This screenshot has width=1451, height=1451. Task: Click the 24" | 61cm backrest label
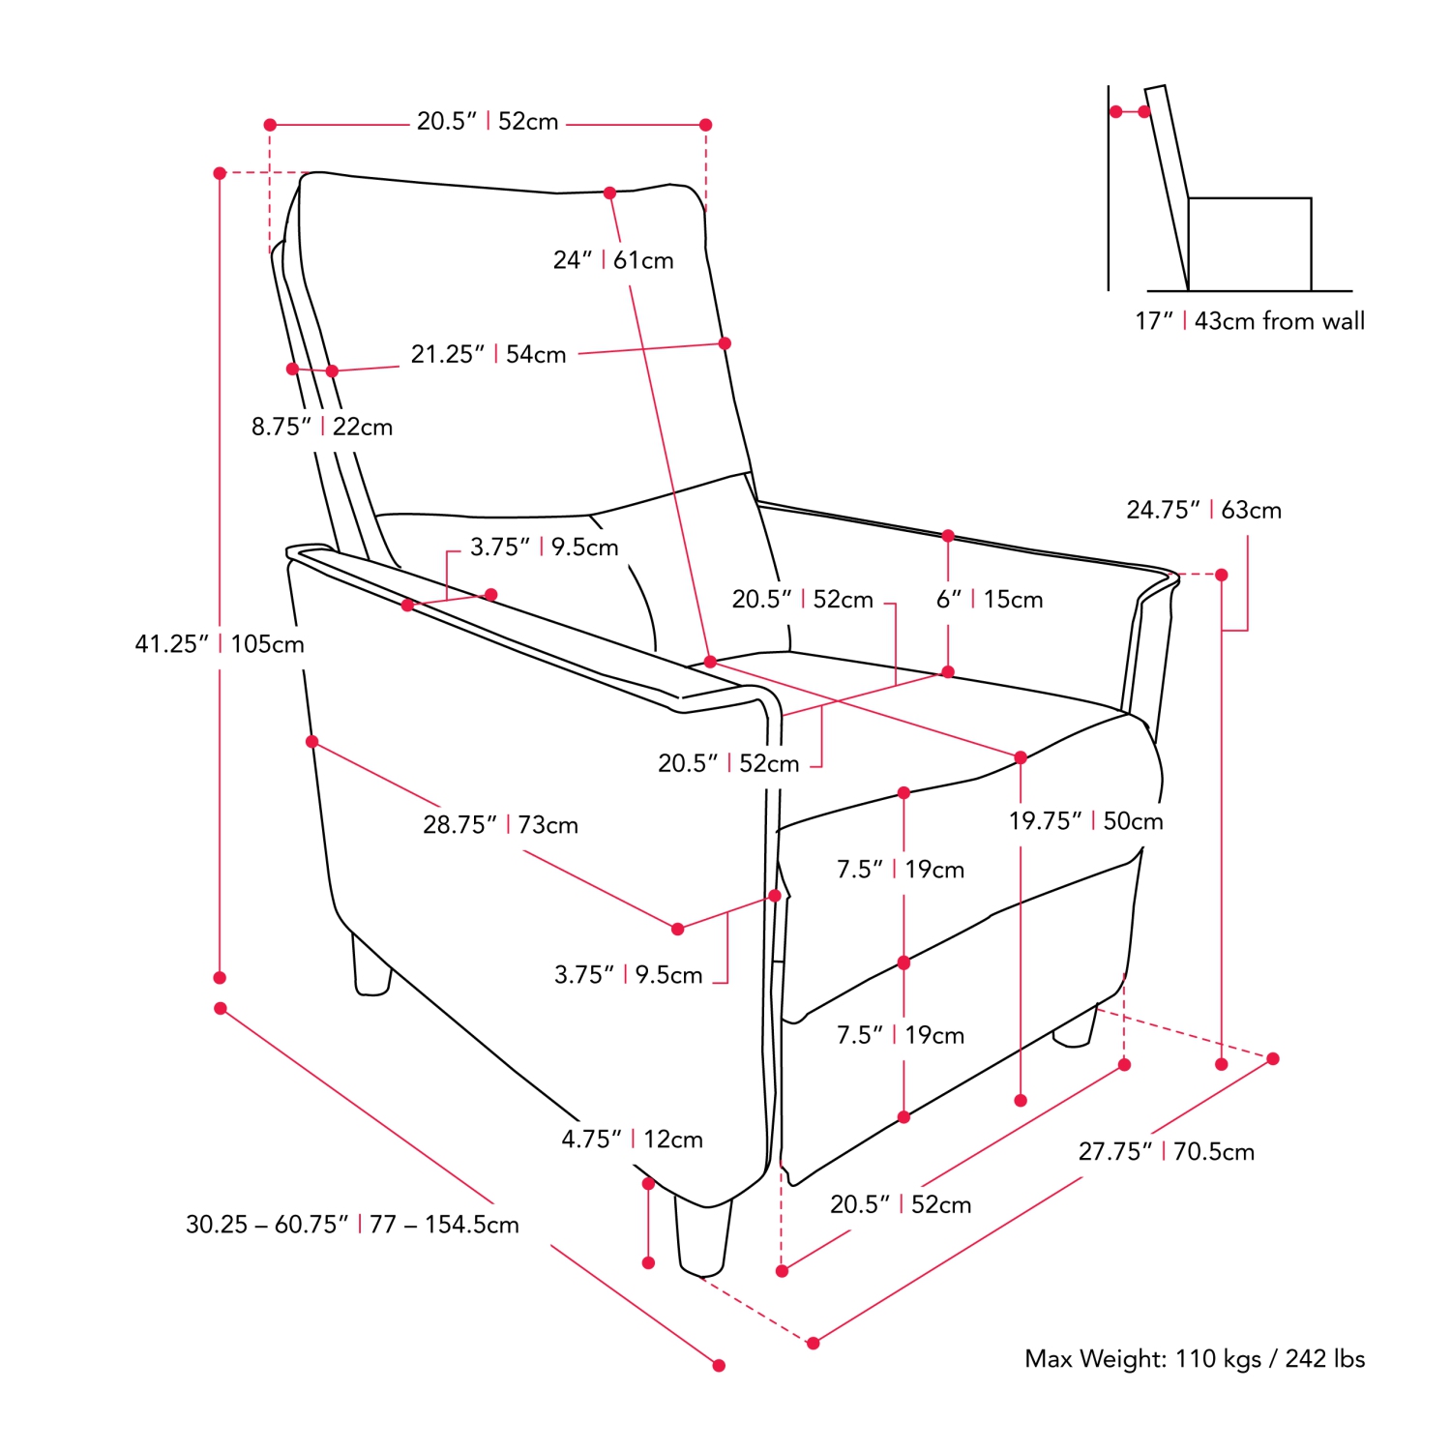tap(613, 260)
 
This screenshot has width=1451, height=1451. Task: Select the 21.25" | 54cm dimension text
tap(489, 354)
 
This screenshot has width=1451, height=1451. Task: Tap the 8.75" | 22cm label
tap(322, 427)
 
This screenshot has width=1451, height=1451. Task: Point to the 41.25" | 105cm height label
tap(220, 644)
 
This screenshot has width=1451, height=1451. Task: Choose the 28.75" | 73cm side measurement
tap(500, 825)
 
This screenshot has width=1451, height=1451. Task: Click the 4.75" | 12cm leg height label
tap(632, 1140)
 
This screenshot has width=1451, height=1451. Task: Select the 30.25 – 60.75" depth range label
tap(352, 1225)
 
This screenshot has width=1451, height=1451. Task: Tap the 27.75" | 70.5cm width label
tap(1166, 1152)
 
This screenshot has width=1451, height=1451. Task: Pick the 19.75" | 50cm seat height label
tap(1085, 821)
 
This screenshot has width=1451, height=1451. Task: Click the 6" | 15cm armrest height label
tap(989, 600)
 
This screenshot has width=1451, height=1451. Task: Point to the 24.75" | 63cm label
tap(1203, 510)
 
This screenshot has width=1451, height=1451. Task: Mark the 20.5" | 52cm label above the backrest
tap(488, 122)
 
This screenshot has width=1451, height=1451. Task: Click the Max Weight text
tap(1195, 1359)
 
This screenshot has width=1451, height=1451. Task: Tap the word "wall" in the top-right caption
tap(1342, 321)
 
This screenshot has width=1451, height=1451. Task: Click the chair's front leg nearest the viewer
tap(703, 1238)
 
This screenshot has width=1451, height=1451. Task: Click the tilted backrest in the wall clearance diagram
tap(1167, 184)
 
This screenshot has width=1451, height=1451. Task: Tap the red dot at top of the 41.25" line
tap(220, 173)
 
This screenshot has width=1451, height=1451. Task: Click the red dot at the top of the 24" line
tap(609, 193)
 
